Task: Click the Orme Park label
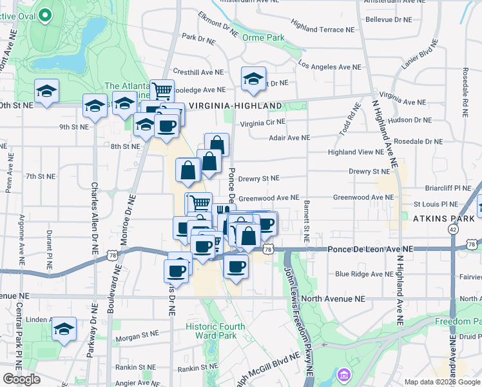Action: point(263,38)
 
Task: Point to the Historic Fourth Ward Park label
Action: point(215,331)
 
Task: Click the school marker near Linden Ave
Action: point(64,330)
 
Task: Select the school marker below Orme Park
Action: point(253,79)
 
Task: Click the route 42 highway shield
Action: point(454,229)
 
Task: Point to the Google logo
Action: point(22,379)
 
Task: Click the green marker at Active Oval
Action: point(45,14)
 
